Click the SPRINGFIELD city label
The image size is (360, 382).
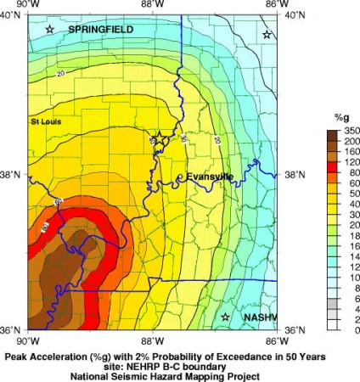point(100,29)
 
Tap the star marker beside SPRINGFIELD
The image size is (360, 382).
point(50,30)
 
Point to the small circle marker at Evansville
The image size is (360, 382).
point(180,177)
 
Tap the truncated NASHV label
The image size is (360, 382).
point(256,317)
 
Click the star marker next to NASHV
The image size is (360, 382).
point(226,317)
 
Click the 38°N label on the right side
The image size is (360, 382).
point(291,175)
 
